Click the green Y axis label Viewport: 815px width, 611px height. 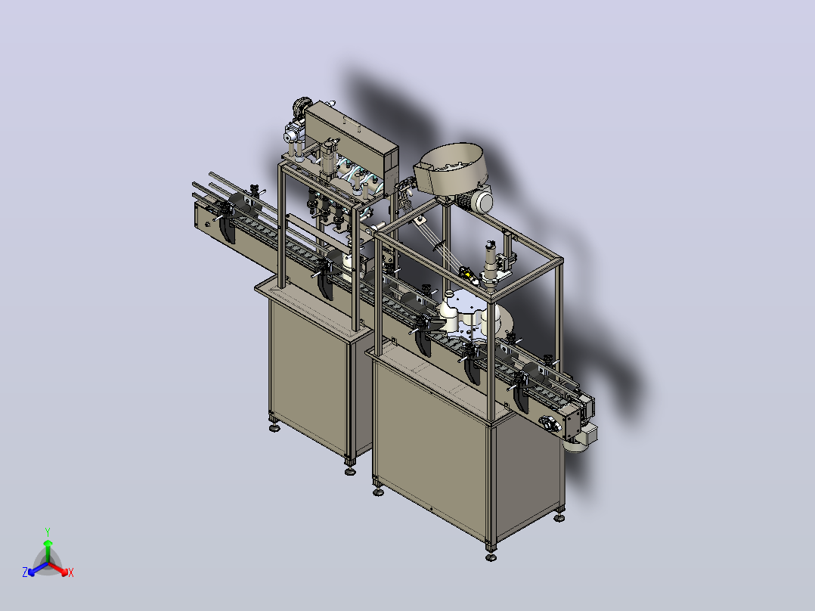48,532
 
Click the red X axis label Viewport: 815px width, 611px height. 71,572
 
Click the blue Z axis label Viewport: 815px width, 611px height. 25,572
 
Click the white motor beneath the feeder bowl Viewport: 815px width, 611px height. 477,200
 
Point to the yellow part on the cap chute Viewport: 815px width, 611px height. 466,273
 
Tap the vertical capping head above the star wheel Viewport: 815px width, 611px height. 490,262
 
